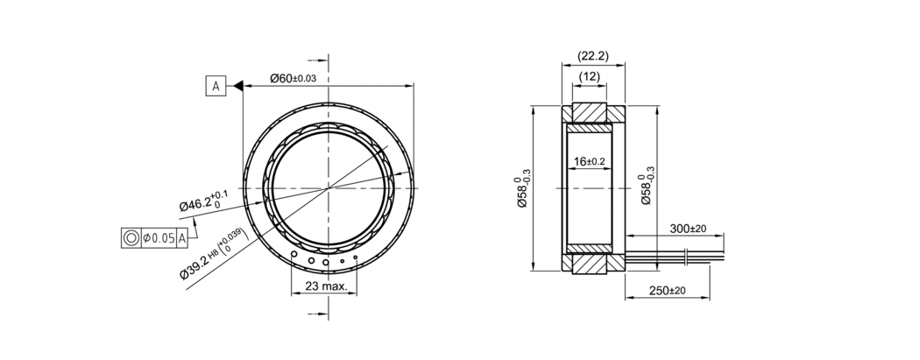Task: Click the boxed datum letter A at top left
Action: coord(216,86)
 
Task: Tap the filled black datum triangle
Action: coord(238,86)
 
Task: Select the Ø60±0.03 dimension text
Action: coord(293,78)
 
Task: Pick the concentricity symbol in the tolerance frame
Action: coord(131,237)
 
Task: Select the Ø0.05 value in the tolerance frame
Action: coord(159,238)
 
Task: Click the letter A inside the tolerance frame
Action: coord(182,238)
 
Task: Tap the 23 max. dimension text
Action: coord(326,286)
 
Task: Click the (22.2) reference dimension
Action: coord(593,56)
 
